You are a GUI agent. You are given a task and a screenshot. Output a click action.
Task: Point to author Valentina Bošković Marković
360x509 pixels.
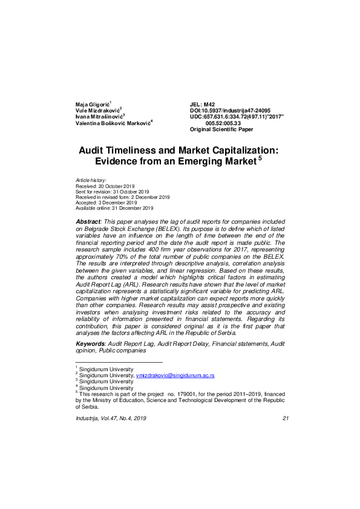click(x=112, y=123)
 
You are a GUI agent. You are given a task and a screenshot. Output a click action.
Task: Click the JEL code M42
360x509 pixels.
click(x=202, y=105)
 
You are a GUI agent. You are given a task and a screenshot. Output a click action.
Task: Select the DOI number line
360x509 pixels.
click(x=230, y=111)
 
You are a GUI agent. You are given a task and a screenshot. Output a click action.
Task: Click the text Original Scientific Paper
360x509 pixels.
click(x=221, y=129)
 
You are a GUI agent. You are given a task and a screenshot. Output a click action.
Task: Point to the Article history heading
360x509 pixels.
click(x=91, y=180)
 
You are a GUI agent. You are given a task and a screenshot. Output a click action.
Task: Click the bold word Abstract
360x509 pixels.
click(x=87, y=223)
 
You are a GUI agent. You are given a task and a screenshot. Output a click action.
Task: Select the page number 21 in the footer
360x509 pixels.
click(x=286, y=419)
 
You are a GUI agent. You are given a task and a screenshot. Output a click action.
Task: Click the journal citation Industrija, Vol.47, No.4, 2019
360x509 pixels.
click(x=111, y=419)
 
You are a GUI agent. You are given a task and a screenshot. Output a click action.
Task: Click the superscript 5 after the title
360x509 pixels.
click(x=260, y=158)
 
